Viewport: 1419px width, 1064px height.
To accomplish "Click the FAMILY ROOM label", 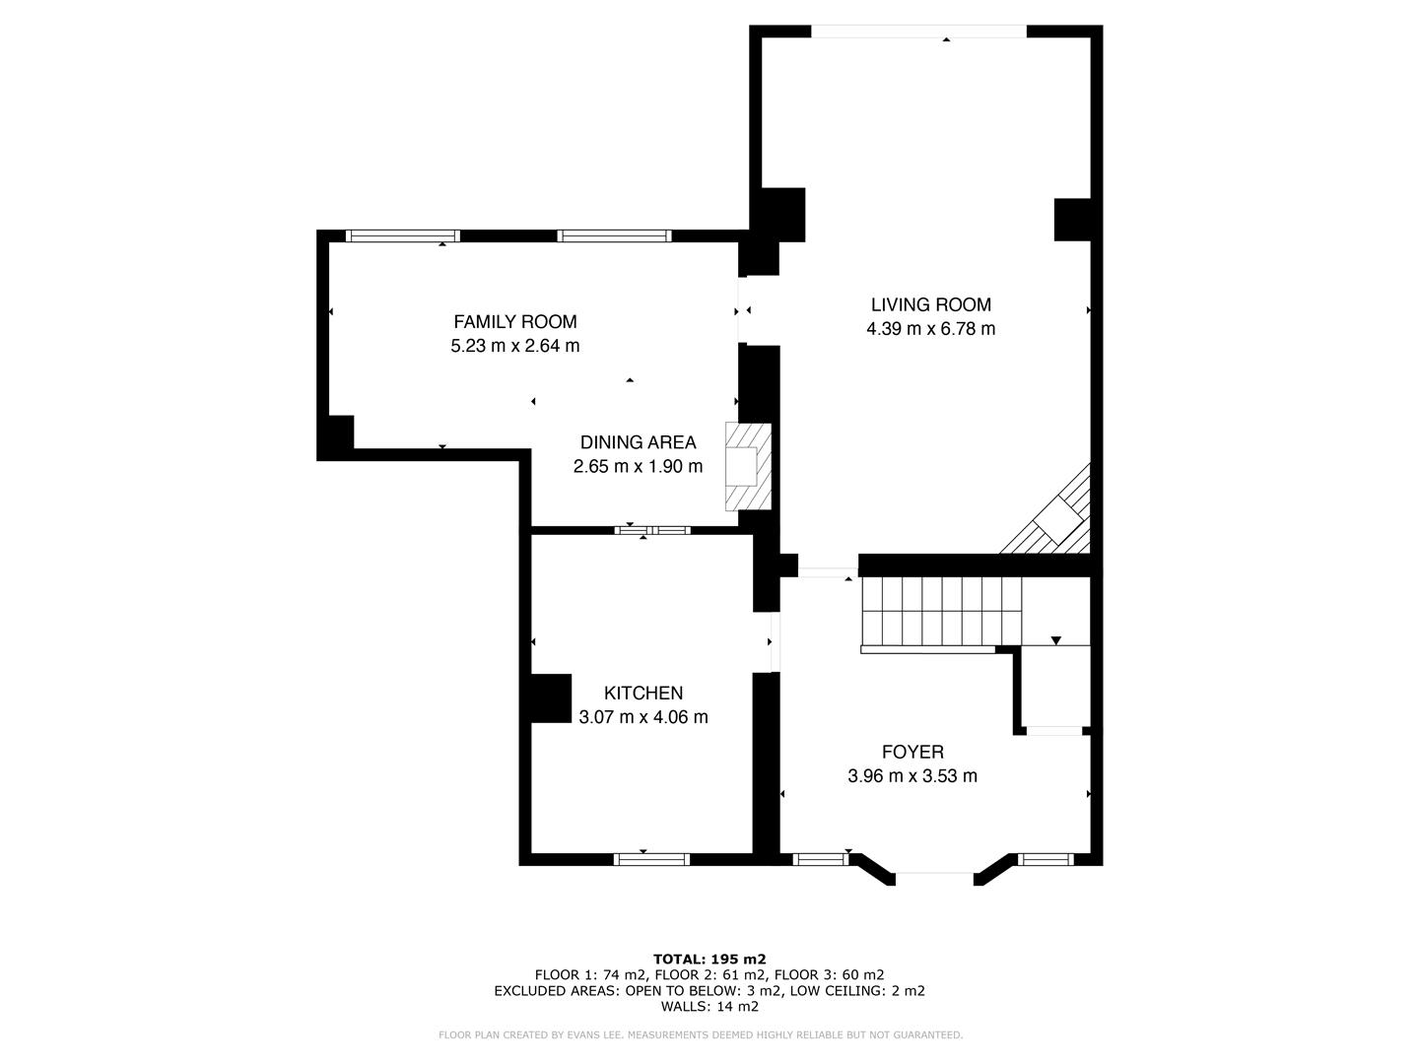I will pyautogui.click(x=514, y=322).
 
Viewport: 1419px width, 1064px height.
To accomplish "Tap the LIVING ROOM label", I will pyautogui.click(x=930, y=305).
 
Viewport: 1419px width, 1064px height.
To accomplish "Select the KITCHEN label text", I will pyautogui.click(x=642, y=694).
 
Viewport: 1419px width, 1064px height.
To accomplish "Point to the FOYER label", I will pyautogui.click(x=912, y=753).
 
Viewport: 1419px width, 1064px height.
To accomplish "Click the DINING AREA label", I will pyautogui.click(x=638, y=443).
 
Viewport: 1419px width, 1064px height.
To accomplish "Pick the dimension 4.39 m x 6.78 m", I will pyautogui.click(x=930, y=329).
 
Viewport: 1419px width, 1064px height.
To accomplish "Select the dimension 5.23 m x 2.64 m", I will pyautogui.click(x=514, y=346).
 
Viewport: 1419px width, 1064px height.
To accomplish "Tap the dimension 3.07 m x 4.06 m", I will pyautogui.click(x=642, y=717).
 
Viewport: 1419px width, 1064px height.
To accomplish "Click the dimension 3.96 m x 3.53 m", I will pyautogui.click(x=912, y=776).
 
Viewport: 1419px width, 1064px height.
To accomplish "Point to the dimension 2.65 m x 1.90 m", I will pyautogui.click(x=638, y=467).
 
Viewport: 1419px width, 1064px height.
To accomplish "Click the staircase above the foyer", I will pyautogui.click(x=940, y=612).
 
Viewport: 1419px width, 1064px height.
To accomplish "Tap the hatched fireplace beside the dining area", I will pyautogui.click(x=747, y=466).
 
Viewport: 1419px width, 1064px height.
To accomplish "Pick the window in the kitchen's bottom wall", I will pyautogui.click(x=650, y=860).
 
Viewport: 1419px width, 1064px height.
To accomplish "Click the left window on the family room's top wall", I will pyautogui.click(x=403, y=235).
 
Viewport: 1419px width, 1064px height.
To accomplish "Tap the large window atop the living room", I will pyautogui.click(x=918, y=32).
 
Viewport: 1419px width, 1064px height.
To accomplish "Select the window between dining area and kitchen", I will pyautogui.click(x=652, y=530).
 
